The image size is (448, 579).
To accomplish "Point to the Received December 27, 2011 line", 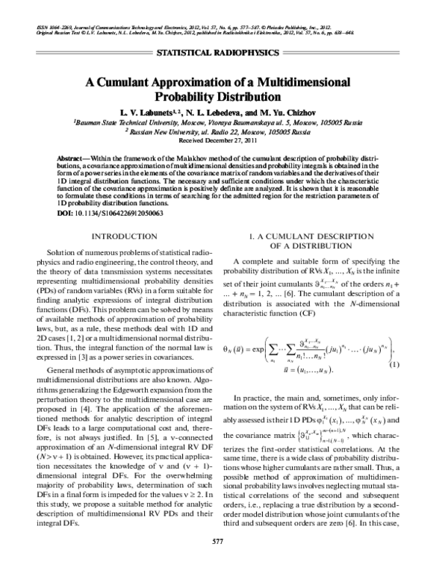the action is click(x=223, y=140).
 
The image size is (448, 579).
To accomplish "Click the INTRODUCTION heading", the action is click(x=122, y=237).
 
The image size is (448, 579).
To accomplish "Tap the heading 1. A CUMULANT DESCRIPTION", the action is click(x=322, y=237).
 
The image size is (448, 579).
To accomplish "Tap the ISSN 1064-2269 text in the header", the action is click(x=53, y=28).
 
